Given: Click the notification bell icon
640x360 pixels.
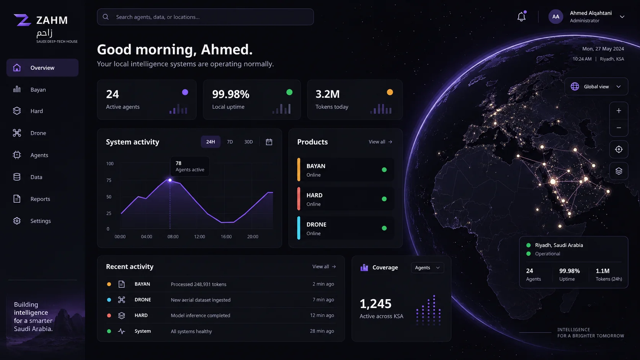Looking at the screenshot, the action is tap(521, 16).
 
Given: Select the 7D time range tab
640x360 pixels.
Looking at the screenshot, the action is tap(230, 142).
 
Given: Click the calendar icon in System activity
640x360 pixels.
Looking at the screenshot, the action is tap(269, 142).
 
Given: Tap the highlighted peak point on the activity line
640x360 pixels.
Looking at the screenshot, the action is tap(170, 180).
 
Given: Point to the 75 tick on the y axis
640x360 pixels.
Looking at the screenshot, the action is tap(109, 180).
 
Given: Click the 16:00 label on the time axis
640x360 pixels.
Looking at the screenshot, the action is tap(226, 236).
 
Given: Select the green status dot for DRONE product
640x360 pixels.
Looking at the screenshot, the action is tap(384, 228).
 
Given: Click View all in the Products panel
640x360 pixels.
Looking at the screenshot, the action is tap(380, 142).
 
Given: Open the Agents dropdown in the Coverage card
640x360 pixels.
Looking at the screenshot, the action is tap(427, 267).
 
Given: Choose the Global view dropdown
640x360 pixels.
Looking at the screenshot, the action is tap(596, 86).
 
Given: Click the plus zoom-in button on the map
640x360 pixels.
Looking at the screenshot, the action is tap(619, 111).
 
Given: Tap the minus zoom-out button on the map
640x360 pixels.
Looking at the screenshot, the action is tap(619, 128).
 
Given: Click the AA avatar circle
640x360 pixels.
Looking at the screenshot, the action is tap(555, 16).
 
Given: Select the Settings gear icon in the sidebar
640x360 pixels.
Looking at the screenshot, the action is tap(17, 221).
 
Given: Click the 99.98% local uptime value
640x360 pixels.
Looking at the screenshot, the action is tap(230, 94).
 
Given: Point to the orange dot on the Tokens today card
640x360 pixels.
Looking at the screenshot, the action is tap(390, 92).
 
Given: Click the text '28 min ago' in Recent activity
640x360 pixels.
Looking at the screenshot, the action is tap(322, 331).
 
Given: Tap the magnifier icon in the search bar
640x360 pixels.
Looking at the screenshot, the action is tap(106, 17).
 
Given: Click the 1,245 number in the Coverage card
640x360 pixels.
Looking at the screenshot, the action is tap(376, 303).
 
